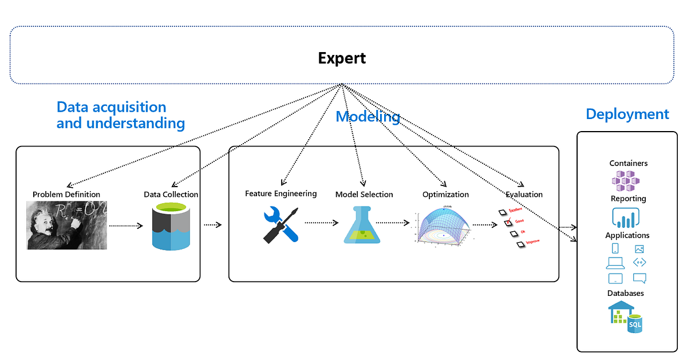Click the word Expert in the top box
pos(342,58)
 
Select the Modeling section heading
pos(368,117)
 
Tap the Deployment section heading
pos(627,114)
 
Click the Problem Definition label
pos(66,195)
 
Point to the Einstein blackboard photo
pos(67,225)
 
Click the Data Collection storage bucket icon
pos(171,228)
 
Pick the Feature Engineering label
pos(281,193)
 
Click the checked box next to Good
pos(507,222)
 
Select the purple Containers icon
pos(628,181)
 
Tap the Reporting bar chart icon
pos(626,217)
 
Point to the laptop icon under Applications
pos(615,263)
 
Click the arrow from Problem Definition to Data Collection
pos(125,226)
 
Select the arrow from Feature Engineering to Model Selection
pos(321,223)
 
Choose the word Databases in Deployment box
pos(625,293)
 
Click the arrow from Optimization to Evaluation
pos(485,225)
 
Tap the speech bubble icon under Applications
pos(639,279)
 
